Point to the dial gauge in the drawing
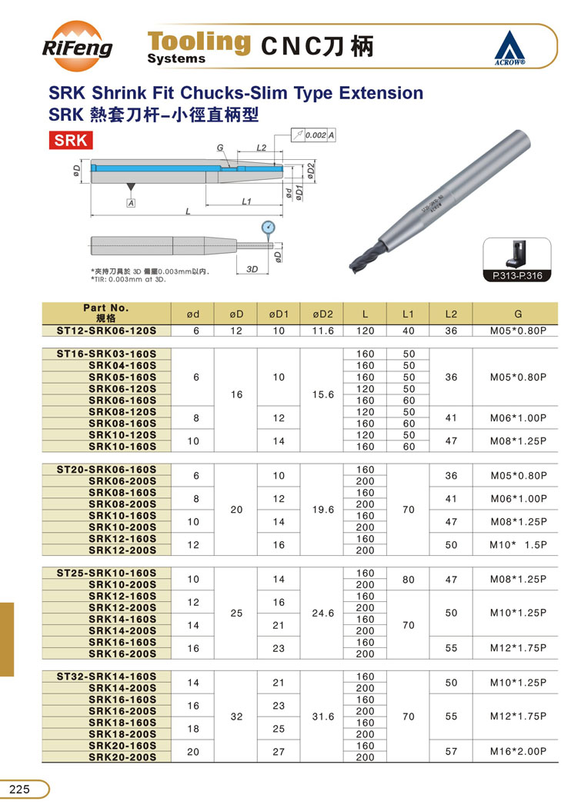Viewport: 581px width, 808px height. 268,228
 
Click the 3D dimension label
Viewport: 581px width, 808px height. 252,269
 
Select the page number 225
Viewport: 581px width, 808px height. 20,789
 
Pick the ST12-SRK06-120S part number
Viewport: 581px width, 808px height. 107,331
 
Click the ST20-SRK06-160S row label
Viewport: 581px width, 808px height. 107,469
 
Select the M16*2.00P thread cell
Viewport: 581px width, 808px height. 518,751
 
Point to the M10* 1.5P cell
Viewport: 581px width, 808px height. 518,544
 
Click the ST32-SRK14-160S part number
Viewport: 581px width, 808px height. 107,677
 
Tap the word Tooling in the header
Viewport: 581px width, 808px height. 199,41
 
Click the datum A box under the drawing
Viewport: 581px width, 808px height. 131,202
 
